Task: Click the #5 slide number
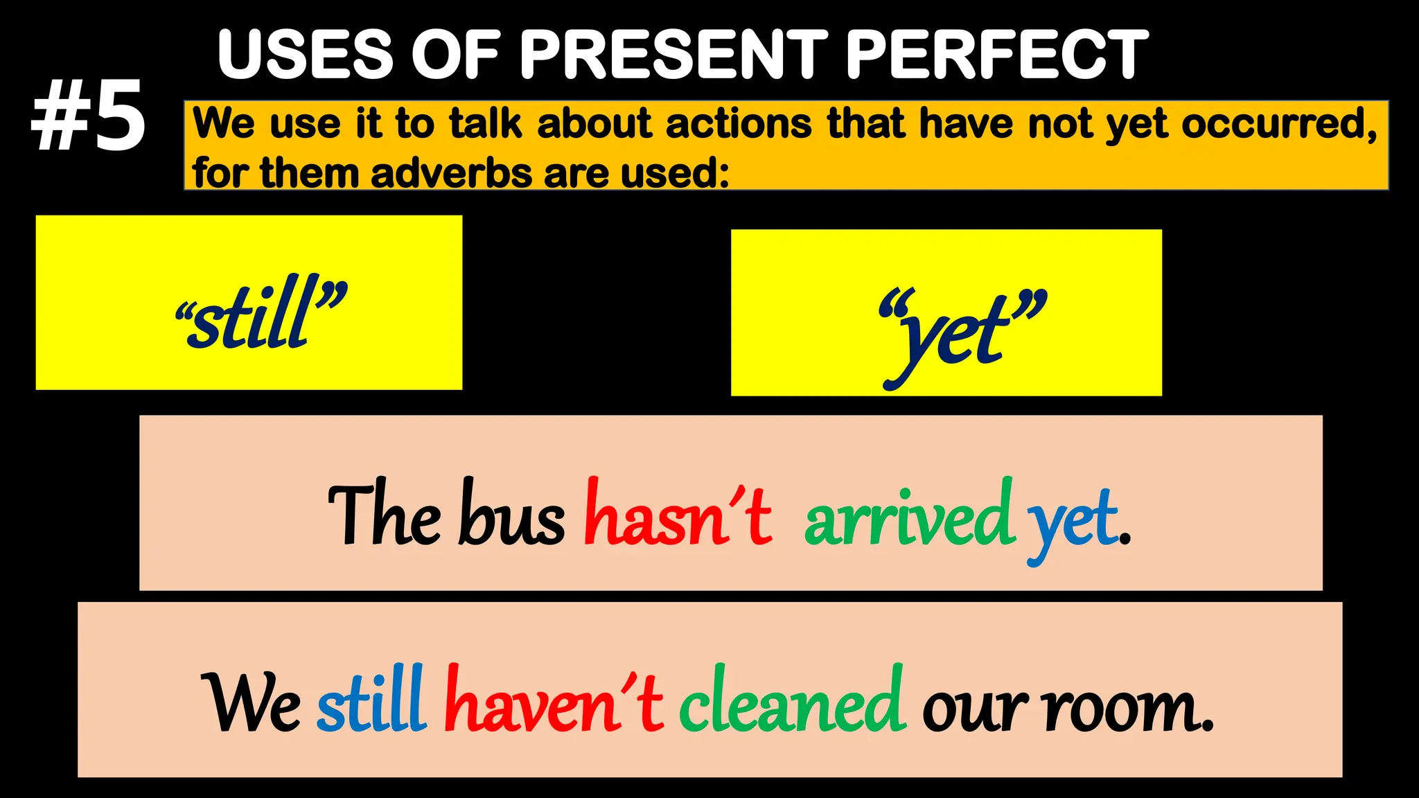click(88, 116)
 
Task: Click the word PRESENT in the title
click(673, 55)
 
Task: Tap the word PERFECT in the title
click(997, 55)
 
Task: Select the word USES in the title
click(305, 55)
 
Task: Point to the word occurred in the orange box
click(1278, 125)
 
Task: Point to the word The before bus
click(384, 514)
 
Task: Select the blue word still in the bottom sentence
click(371, 701)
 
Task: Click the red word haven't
click(554, 701)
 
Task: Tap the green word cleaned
click(792, 701)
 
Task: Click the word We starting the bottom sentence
click(251, 703)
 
